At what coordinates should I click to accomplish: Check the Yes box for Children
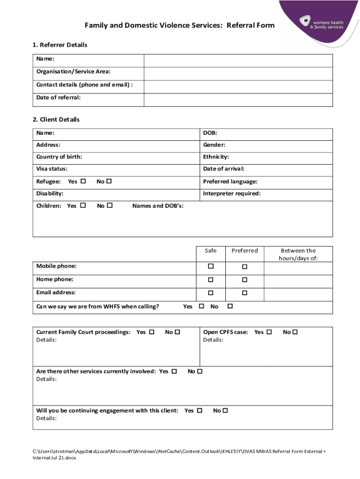(83, 205)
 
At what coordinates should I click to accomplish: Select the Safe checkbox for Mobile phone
(211, 267)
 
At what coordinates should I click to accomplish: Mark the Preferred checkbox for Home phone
(245, 280)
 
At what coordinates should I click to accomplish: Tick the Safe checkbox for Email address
(211, 293)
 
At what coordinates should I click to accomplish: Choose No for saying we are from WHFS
(230, 306)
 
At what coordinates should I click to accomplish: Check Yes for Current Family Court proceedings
(151, 332)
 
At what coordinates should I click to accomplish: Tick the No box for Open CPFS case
(295, 332)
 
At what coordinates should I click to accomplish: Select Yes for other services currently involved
(174, 371)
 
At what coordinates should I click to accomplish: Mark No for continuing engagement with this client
(225, 411)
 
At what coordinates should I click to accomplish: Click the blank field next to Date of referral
(238, 100)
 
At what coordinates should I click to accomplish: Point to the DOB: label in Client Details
(210, 133)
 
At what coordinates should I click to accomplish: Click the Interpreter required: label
(231, 194)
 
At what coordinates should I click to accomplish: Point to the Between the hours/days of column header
(298, 254)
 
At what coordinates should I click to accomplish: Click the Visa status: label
(52, 169)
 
